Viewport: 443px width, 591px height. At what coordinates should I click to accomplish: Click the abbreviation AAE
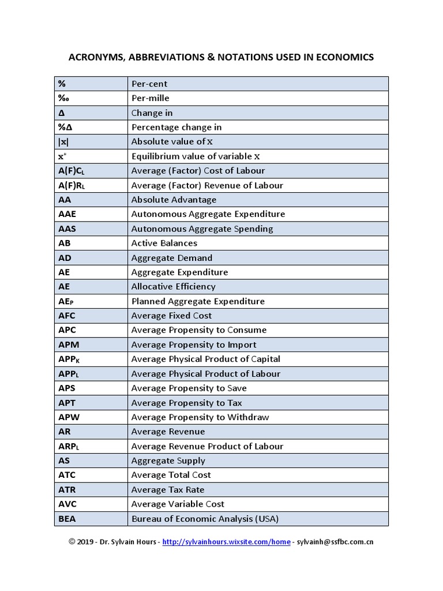[67, 214]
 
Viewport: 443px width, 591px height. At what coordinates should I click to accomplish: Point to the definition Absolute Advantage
[174, 200]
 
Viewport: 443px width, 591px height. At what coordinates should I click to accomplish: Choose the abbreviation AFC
[67, 316]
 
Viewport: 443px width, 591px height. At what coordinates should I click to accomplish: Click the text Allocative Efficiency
[173, 286]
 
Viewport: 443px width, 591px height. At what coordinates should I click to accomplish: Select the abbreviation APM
[68, 345]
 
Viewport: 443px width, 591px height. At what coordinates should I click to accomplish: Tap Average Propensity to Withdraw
[200, 417]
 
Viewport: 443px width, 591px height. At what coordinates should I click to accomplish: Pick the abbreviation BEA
[67, 519]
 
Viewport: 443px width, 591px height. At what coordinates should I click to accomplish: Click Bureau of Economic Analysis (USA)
[205, 519]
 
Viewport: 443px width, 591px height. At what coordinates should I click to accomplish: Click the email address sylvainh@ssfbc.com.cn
[335, 542]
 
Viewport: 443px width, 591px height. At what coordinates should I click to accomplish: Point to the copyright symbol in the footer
[72, 542]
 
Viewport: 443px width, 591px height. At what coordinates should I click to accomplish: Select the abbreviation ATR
[67, 489]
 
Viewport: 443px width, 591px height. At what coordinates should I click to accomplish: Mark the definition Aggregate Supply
[168, 461]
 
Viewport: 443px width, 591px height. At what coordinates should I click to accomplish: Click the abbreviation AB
[64, 243]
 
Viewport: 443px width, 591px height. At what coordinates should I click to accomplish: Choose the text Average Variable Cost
[178, 504]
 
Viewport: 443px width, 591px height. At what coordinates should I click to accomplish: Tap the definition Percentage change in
[176, 127]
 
